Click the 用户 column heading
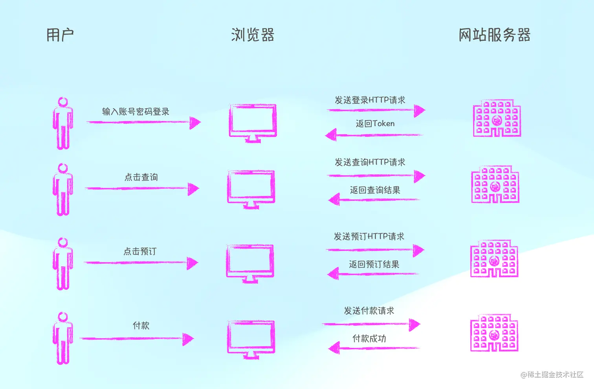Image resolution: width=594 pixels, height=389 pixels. point(60,35)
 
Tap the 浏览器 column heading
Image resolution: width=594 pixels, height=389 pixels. point(253,35)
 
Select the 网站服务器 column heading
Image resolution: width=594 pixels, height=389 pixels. point(494,35)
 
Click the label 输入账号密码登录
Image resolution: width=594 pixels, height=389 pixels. point(136,112)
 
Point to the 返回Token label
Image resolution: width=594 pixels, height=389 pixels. point(375,124)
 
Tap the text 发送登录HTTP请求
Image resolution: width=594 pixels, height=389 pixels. point(370,100)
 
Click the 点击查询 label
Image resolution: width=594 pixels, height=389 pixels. point(141,177)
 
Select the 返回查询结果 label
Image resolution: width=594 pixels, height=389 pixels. point(375,190)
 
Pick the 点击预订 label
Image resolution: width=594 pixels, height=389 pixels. point(140,251)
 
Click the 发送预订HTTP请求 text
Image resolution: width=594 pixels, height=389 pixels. point(369,236)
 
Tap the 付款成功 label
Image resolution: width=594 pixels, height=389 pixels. point(369,338)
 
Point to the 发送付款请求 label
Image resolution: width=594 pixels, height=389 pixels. point(369,311)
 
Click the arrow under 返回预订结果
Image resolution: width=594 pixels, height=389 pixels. point(373,273)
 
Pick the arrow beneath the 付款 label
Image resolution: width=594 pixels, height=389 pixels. point(137,339)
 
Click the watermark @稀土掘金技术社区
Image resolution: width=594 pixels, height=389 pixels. point(552,375)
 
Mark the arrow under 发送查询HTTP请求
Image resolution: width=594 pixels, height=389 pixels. point(376,176)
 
